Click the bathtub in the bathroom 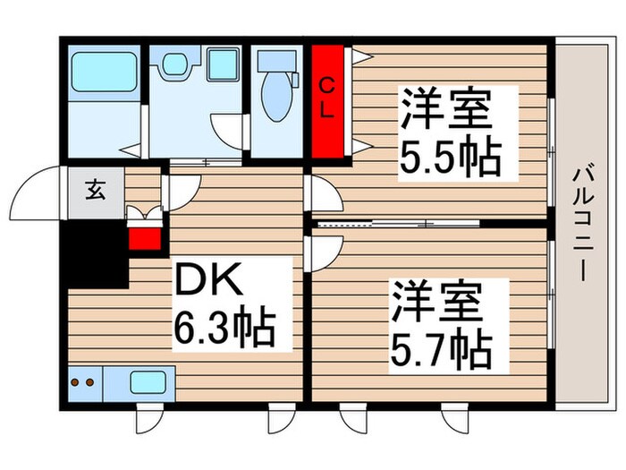[x=104, y=71]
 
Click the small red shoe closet [x=142, y=237]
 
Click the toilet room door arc [x=227, y=131]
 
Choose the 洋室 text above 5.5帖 [x=444, y=110]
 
